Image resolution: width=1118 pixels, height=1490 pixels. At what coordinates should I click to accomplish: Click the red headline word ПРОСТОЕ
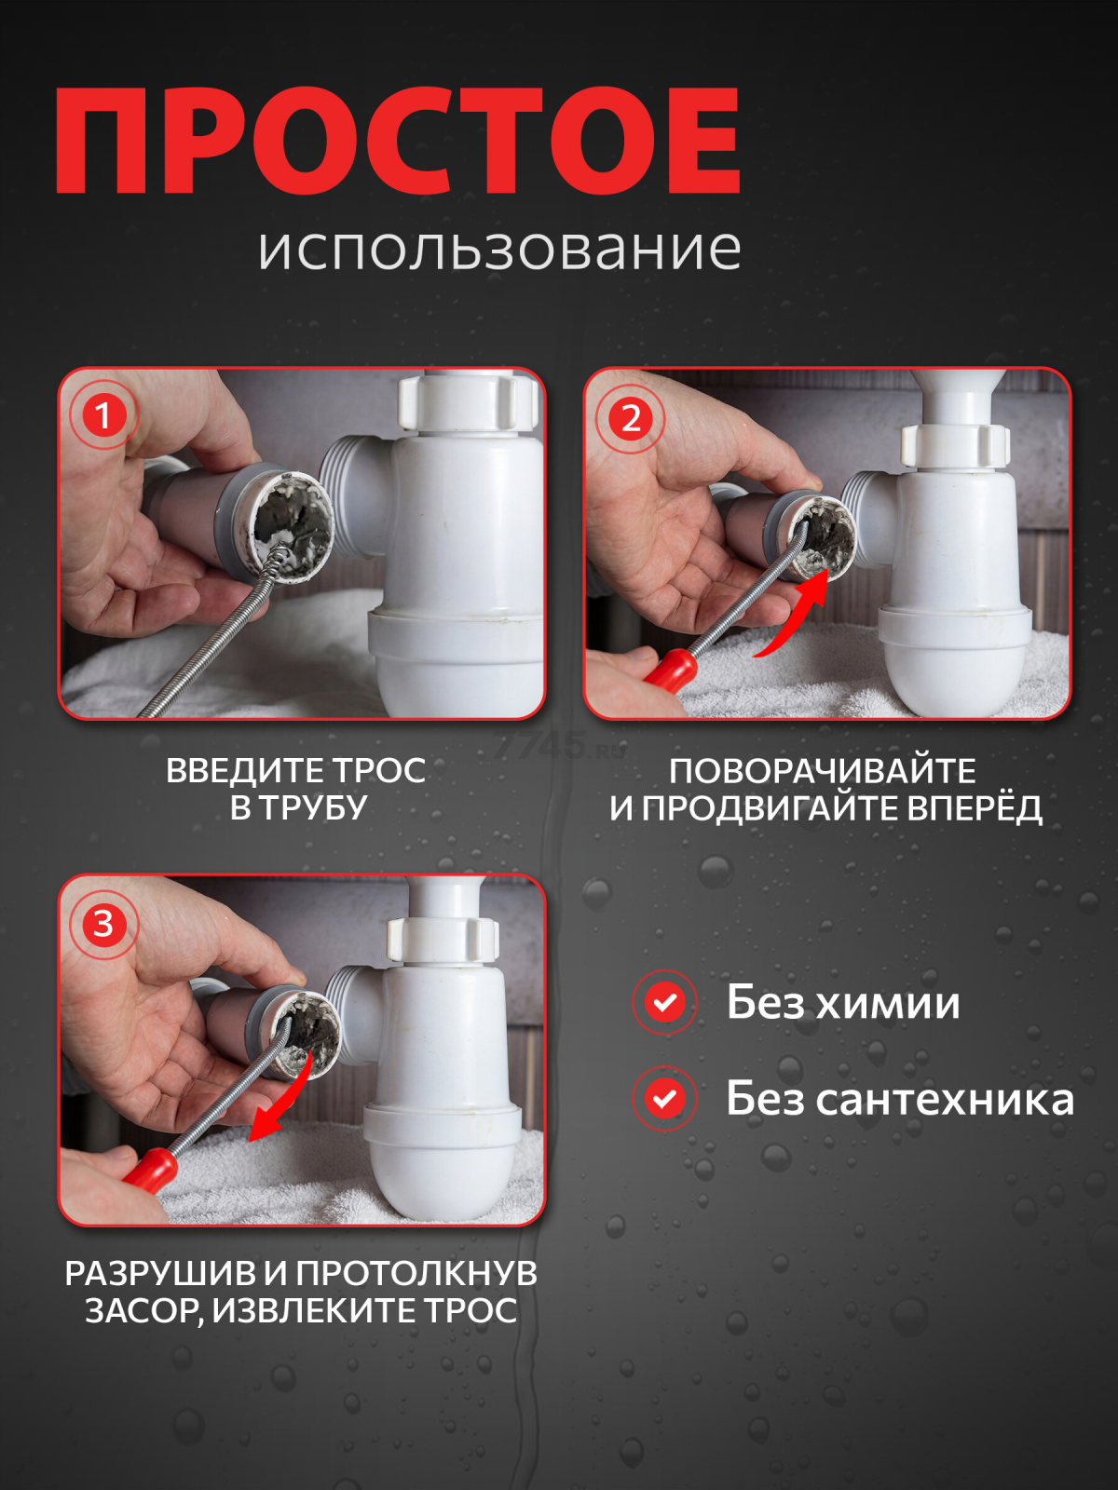click(x=398, y=141)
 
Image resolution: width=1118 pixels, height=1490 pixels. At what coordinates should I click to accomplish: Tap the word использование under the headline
click(x=499, y=250)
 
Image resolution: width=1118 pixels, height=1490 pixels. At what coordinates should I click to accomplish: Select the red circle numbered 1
click(x=103, y=415)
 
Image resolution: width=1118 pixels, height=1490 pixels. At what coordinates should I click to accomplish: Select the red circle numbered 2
click(x=631, y=418)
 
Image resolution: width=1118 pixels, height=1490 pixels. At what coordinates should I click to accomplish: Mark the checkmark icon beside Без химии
click(x=664, y=1002)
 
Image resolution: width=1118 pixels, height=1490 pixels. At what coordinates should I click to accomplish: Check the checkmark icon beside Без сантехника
click(x=664, y=1098)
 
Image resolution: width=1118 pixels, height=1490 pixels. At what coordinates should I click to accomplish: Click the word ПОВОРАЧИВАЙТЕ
click(x=822, y=770)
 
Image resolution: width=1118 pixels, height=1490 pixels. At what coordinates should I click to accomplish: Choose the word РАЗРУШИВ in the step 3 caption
click(x=160, y=1273)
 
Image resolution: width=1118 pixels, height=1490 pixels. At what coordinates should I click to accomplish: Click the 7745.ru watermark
click(x=557, y=747)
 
